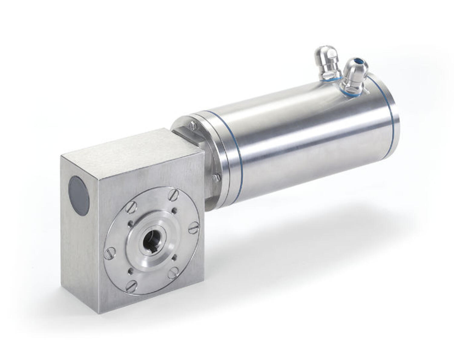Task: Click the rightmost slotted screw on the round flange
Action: click(x=194, y=227)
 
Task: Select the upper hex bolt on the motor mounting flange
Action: click(x=192, y=125)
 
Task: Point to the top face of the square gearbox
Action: click(x=127, y=148)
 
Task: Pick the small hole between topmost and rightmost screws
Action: click(x=175, y=210)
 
